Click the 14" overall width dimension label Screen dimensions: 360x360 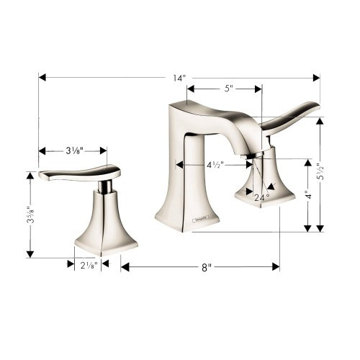click(x=179, y=77)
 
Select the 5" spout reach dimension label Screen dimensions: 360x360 click(x=228, y=89)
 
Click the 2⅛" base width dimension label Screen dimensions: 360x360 click(x=88, y=264)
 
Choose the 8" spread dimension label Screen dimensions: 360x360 click(x=206, y=267)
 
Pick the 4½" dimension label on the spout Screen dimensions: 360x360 click(x=215, y=165)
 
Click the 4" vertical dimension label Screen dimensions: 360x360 click(x=307, y=194)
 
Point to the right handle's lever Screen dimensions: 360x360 click(x=292, y=116)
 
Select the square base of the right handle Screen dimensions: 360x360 click(x=261, y=198)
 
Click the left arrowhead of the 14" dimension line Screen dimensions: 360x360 click(x=42, y=77)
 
